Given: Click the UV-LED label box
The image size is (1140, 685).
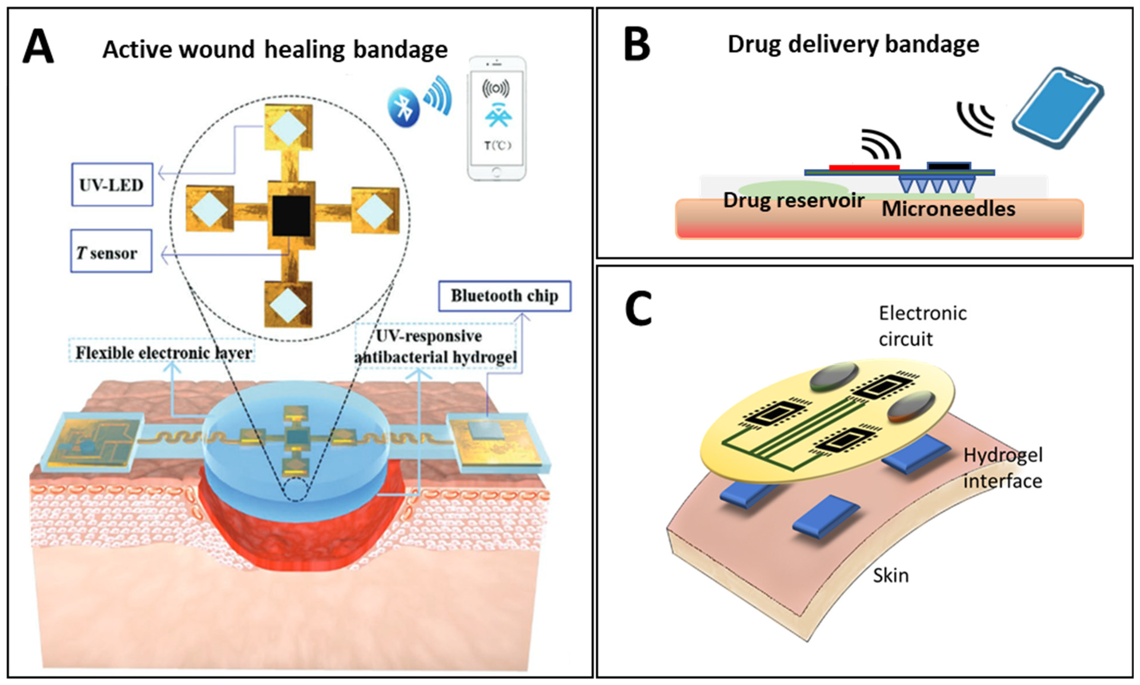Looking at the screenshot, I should (112, 185).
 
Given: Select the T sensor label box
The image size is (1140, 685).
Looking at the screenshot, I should (111, 252).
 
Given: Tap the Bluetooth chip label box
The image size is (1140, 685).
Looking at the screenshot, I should (504, 296).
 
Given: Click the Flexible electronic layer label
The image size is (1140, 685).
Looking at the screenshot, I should (163, 353).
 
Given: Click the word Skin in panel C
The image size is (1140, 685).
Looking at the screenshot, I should (891, 575).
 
